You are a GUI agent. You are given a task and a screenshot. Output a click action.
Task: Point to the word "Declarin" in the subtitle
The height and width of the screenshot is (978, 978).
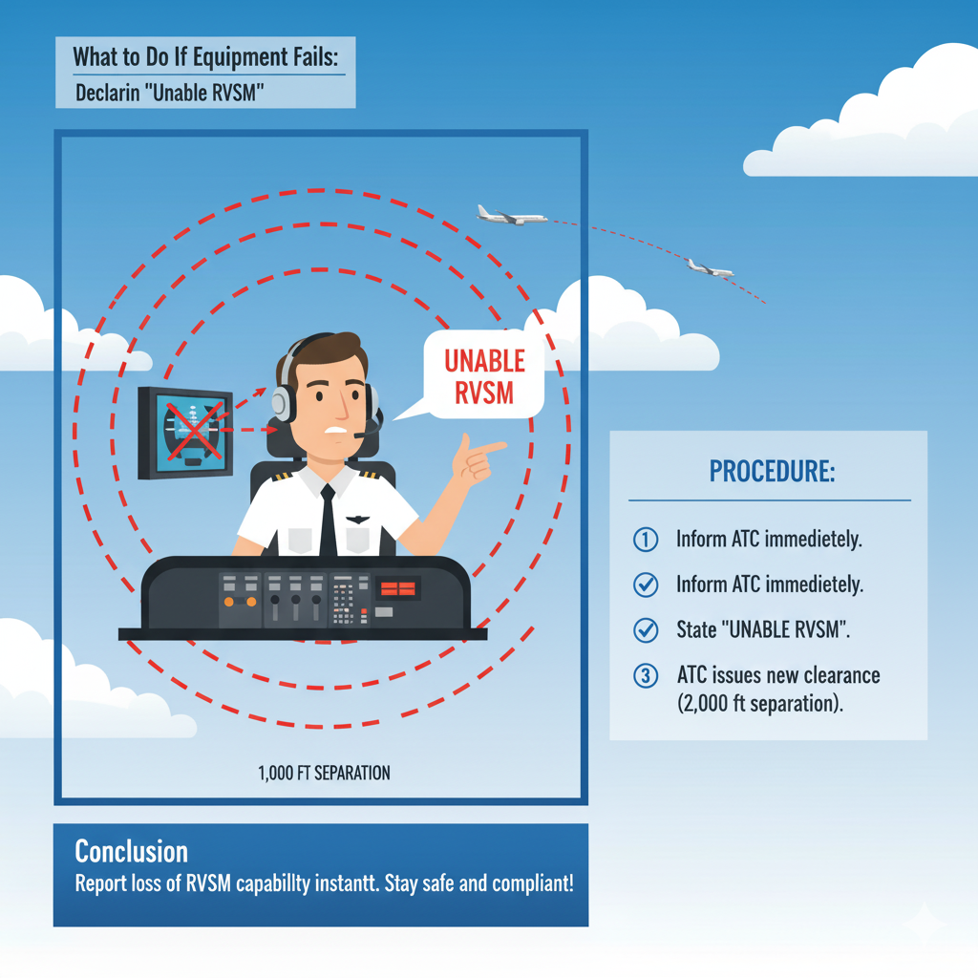point(111,95)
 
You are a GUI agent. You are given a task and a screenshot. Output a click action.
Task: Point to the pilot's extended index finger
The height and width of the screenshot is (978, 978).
point(490,446)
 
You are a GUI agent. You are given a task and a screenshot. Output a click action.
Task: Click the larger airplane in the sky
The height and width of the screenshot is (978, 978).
point(511,215)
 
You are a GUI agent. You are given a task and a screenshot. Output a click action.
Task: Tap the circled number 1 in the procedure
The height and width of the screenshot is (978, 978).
point(646,540)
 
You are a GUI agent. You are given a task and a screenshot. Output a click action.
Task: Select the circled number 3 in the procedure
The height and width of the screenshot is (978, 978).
point(646,676)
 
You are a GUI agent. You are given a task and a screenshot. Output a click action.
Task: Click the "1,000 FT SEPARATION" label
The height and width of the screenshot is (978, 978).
point(324,773)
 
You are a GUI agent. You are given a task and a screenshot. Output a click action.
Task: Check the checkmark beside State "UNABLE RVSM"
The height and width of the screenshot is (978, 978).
point(646,630)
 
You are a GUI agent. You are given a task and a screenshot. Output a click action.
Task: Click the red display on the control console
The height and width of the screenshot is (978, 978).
point(396,588)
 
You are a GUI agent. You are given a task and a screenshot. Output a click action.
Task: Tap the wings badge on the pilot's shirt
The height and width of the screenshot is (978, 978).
point(357,520)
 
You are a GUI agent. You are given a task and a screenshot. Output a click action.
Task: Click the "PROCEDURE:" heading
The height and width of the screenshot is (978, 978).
point(772,472)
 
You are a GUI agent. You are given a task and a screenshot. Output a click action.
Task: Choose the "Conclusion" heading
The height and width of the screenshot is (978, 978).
point(131,851)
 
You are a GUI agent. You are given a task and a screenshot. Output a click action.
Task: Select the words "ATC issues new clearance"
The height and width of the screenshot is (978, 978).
point(777,676)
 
